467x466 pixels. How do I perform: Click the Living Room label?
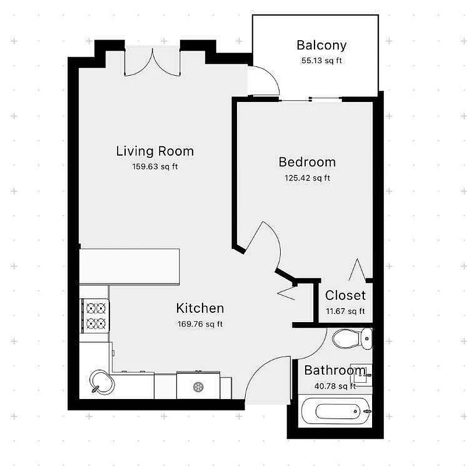[155, 151]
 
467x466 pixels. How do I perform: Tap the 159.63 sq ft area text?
[155, 167]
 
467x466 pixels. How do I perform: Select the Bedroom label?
[307, 162]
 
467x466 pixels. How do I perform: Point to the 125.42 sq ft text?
[307, 178]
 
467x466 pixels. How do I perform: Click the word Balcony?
[321, 45]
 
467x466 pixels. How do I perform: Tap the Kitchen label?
[200, 308]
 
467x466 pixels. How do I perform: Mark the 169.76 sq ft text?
[200, 324]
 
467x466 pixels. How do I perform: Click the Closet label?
[345, 295]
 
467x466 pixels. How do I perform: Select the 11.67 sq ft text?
[345, 311]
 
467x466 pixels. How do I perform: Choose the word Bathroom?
[335, 370]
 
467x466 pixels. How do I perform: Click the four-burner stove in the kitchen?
[95, 315]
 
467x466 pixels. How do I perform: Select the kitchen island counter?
[129, 267]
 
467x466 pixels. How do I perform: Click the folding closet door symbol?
[357, 269]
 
